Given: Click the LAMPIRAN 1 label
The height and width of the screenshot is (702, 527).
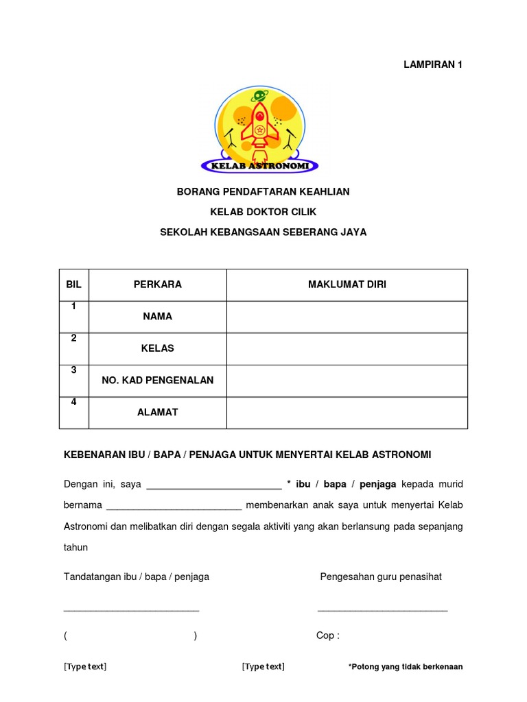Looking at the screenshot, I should (x=432, y=64).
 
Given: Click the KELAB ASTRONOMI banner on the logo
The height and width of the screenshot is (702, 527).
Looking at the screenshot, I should (x=259, y=166).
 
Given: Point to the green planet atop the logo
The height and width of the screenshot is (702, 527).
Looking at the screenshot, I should (x=259, y=96).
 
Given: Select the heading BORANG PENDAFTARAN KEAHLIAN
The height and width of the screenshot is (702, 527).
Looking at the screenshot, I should (x=263, y=192).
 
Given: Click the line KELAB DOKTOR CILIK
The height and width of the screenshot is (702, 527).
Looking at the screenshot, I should (x=263, y=212).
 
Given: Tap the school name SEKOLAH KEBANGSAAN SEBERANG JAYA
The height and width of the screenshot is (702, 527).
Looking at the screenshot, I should (x=263, y=232).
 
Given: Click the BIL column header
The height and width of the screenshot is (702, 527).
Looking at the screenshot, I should (x=73, y=285).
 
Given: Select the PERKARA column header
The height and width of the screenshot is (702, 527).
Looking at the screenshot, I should (x=158, y=285).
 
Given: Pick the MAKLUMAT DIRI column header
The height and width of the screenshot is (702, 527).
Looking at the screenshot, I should (x=347, y=285).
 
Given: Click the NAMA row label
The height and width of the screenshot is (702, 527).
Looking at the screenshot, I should (x=158, y=317).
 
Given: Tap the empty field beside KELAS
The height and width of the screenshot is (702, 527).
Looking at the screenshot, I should (x=347, y=348).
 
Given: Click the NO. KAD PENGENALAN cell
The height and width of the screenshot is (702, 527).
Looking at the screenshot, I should (x=158, y=380).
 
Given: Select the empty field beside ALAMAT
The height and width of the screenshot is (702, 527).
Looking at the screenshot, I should (x=347, y=412).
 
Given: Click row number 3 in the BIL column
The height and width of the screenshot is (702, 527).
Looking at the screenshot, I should (x=73, y=371).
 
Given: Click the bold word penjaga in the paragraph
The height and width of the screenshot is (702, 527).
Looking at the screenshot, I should (x=378, y=484).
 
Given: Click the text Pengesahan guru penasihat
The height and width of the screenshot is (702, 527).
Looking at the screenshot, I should (x=381, y=577).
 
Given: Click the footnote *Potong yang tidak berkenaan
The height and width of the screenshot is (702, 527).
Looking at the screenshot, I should (x=406, y=667).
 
